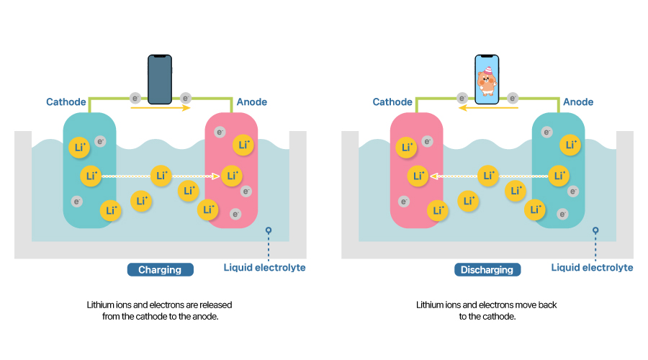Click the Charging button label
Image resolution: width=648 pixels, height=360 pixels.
click(160, 270)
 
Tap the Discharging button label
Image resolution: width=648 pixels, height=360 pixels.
click(487, 270)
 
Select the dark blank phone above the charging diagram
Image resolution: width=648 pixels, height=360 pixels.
click(160, 79)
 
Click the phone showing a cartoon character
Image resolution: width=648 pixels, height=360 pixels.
click(487, 79)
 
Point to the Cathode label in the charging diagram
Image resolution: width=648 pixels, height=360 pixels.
click(66, 102)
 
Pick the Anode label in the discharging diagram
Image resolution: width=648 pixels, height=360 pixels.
click(578, 102)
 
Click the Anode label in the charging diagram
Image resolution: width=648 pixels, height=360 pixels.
click(252, 102)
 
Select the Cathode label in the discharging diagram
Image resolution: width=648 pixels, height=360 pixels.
click(392, 102)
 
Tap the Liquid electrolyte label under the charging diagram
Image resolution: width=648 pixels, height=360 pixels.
click(264, 268)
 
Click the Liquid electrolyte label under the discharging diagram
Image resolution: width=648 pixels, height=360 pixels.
click(593, 268)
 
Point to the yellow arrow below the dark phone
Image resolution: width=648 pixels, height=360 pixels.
click(161, 108)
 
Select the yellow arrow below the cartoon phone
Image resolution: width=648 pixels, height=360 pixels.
click(488, 108)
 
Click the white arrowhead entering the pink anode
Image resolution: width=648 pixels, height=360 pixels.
click(216, 176)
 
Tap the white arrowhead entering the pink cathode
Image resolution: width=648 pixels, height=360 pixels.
click(434, 176)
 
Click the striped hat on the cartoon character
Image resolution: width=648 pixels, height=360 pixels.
click(488, 69)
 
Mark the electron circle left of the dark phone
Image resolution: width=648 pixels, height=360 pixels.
click(135, 98)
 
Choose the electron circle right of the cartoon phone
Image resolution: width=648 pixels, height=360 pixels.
click(513, 98)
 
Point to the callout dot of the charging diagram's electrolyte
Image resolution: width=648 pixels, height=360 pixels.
click(269, 230)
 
